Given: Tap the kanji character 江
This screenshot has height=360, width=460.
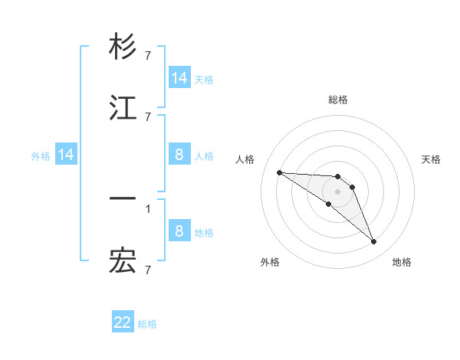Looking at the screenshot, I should coord(123,109).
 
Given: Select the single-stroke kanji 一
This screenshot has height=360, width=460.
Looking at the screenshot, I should coord(123,198).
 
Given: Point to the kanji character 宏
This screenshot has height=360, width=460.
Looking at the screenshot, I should coord(123,261).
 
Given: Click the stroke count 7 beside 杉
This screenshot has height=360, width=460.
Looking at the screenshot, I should coord(148,55).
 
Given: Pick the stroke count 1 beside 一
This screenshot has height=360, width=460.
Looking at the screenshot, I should coord(148,208).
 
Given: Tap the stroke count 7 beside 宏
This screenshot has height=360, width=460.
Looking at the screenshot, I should coord(148,270).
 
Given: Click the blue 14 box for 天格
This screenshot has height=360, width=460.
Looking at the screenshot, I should coord(179,78).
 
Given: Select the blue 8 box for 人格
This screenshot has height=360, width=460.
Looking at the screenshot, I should coord(179,155).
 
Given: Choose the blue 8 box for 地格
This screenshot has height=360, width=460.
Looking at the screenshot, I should coord(179,231).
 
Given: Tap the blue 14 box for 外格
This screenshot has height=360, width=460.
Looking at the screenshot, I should coord(66,155).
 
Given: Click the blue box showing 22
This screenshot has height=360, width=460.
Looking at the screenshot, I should coord(123,322).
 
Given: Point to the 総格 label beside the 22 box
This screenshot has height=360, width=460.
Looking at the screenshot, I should coord(148,324).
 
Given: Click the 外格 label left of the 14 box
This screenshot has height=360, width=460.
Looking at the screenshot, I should coord(41,156).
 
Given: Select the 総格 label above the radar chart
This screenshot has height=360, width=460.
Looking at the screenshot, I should coord(338,100).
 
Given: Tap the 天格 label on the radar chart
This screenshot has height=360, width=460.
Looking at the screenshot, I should coord(431,159).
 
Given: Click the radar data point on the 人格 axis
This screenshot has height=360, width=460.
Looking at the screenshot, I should coord(279,172).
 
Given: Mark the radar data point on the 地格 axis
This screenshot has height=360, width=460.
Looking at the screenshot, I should coord(373,241).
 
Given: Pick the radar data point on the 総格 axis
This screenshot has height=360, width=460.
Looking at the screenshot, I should coord(337,176).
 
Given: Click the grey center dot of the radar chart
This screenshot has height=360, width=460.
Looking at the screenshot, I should coord(337,191).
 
